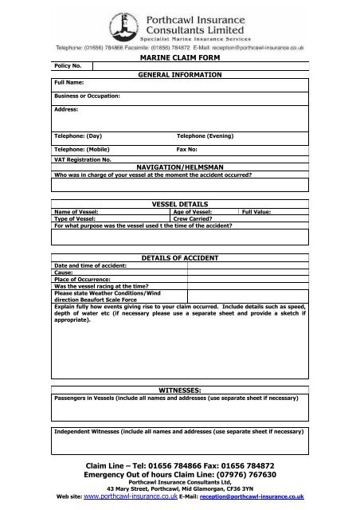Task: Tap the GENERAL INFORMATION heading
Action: pyautogui.click(x=179, y=74)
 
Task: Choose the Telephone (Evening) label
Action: pyautogui.click(x=205, y=136)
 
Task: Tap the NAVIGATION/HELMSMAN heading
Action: pyautogui.click(x=179, y=167)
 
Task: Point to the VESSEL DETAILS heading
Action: pyautogui.click(x=179, y=205)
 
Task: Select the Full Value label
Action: pyautogui.click(x=258, y=211)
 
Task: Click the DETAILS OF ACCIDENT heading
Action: pyautogui.click(x=179, y=259)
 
